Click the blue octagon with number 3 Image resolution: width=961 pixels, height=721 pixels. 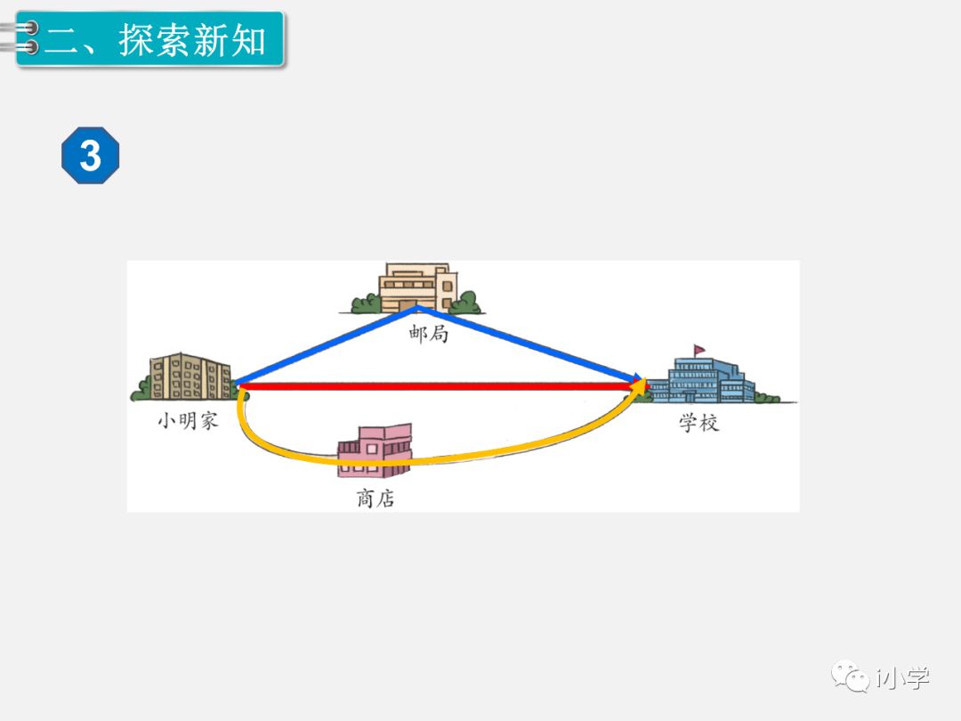tap(90, 157)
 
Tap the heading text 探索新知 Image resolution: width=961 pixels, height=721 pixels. tap(193, 40)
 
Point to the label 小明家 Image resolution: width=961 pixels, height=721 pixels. tap(188, 420)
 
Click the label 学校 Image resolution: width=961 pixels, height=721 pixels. tap(699, 423)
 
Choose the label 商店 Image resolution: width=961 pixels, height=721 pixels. tap(376, 498)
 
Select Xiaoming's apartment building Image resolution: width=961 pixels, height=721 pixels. tap(190, 377)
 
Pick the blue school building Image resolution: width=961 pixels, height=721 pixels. tap(702, 381)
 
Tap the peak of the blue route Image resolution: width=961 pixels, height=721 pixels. tap(416, 308)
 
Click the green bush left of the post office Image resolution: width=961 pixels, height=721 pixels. tap(366, 304)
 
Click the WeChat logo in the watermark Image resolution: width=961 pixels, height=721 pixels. tap(850, 677)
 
